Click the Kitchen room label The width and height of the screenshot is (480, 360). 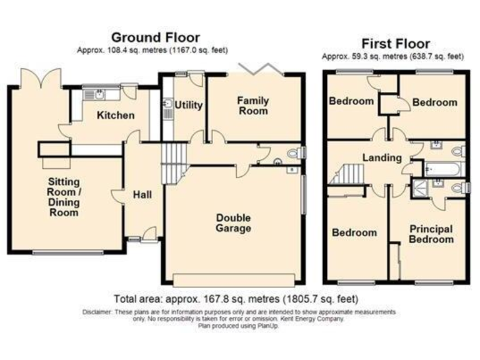point(115,115)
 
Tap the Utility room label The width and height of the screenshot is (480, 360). point(188,105)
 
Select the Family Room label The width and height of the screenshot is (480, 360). point(252,106)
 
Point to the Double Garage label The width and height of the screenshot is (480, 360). point(233,223)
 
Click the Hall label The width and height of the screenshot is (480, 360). point(142,194)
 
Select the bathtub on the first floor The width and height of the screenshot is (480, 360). point(443,168)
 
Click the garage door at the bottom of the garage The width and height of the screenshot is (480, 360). point(234,279)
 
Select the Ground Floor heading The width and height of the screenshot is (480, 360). point(155,37)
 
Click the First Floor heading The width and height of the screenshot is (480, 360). point(396,44)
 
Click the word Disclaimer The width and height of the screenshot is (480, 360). point(97,311)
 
